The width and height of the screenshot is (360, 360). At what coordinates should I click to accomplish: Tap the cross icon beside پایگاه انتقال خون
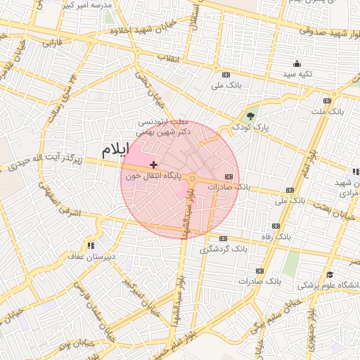coord(154,165)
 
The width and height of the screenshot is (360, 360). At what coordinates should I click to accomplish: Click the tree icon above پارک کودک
coord(251,115)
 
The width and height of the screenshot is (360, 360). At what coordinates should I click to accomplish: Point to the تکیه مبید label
coord(297,74)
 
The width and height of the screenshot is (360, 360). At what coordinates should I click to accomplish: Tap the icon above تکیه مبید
coord(297,63)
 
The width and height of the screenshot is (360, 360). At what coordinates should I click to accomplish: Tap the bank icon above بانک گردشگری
coord(223,238)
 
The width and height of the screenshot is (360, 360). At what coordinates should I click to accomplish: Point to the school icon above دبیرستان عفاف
coord(90,245)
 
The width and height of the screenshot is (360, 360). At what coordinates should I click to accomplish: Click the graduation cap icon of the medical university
coord(330,274)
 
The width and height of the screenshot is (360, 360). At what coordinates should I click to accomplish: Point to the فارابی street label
coord(53,43)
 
